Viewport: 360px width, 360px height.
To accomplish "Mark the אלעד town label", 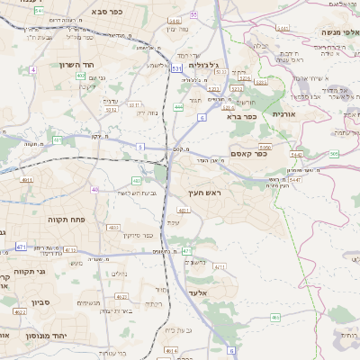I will (197, 292).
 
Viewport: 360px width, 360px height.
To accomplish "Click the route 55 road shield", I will (194, 14).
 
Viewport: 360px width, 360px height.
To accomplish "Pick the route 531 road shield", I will (177, 67).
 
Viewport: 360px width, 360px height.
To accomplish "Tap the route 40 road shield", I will (94, 189).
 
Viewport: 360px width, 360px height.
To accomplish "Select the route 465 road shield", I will (274, 317).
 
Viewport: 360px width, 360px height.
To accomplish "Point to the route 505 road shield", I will (334, 154).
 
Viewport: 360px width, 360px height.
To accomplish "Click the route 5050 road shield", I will (265, 147).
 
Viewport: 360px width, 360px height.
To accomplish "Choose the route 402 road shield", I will (81, 76).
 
